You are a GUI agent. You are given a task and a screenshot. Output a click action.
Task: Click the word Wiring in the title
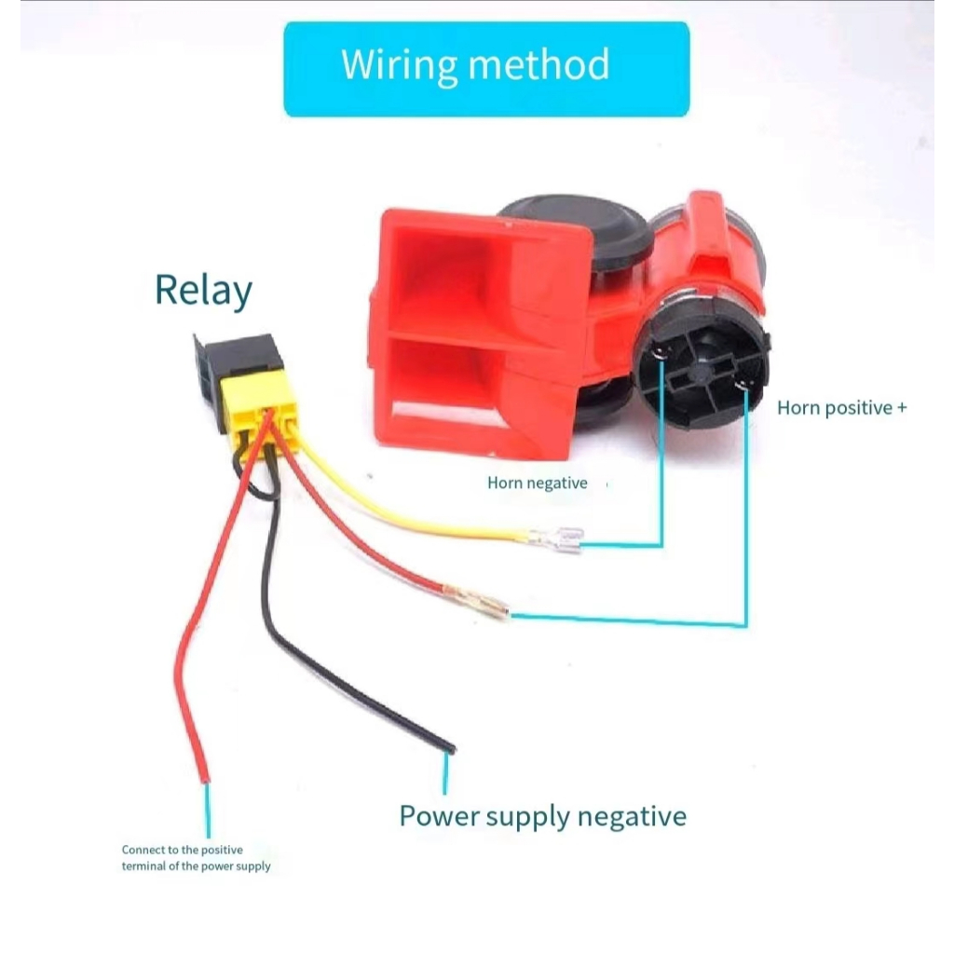click(x=399, y=66)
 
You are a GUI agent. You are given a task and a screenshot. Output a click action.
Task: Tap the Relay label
click(x=203, y=290)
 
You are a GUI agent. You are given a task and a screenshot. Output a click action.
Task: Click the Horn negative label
click(x=538, y=483)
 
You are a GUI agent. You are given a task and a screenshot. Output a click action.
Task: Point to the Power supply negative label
click(x=542, y=817)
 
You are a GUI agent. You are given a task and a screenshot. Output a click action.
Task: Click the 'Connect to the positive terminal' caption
click(x=196, y=857)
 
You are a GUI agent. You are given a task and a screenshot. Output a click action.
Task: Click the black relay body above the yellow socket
click(x=244, y=357)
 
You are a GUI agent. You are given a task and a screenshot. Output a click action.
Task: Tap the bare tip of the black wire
click(x=448, y=747)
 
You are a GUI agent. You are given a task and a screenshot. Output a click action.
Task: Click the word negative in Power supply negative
click(x=632, y=817)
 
